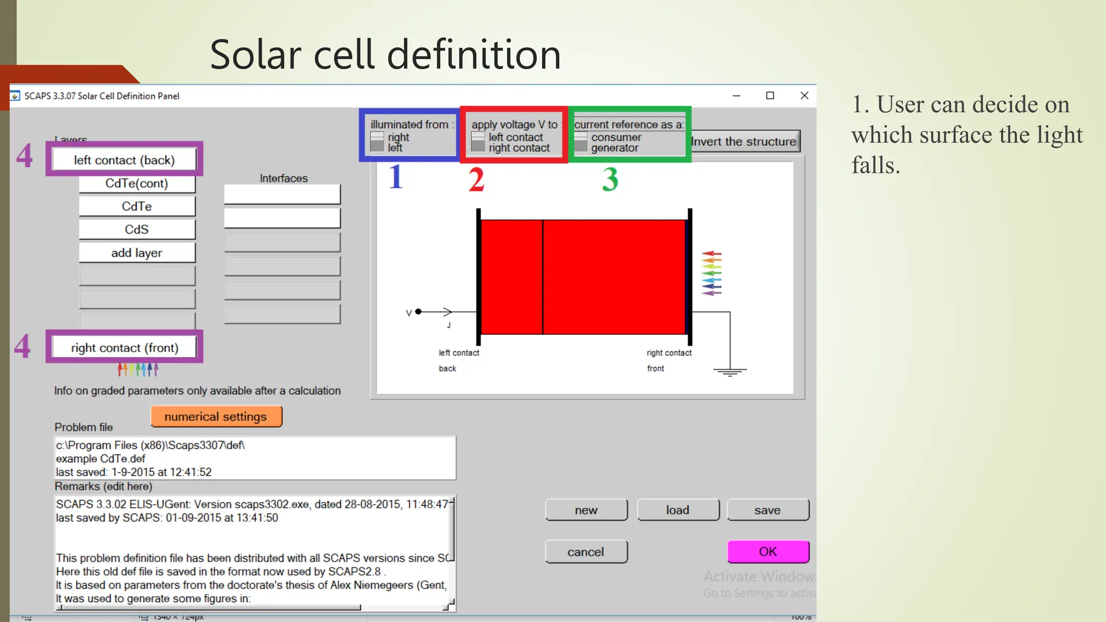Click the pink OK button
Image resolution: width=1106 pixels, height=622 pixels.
767,551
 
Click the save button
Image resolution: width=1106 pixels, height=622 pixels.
767,510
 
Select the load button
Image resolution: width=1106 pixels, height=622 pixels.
678,510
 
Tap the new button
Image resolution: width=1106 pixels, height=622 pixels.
586,510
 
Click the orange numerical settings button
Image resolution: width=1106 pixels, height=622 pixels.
216,416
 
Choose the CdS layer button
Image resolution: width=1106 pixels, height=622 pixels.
137,229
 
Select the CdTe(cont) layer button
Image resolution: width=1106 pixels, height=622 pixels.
137,184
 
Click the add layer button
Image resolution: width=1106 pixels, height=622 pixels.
137,253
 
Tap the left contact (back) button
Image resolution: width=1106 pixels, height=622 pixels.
124,160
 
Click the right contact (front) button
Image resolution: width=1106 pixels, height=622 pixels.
124,348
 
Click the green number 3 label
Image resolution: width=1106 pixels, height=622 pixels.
610,179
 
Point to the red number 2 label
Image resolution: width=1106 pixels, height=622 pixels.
476,179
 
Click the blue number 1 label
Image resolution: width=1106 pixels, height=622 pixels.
396,177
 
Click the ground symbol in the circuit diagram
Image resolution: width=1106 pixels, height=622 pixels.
730,371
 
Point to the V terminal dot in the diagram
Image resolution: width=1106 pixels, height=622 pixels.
419,312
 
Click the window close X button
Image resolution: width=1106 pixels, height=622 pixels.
804,96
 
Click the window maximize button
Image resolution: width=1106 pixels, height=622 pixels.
770,96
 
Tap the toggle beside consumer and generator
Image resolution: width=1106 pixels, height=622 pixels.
581,142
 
